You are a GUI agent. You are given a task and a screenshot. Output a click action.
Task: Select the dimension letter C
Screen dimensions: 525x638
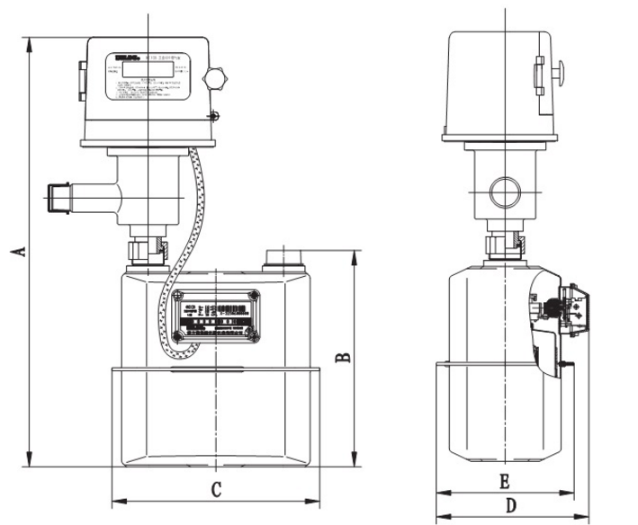coord(216,490)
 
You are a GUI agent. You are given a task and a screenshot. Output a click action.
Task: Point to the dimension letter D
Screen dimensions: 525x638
coord(510,506)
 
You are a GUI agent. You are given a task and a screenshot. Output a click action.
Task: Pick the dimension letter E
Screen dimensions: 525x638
coord(505,482)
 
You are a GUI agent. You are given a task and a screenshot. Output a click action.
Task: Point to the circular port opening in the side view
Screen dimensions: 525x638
coord(504,191)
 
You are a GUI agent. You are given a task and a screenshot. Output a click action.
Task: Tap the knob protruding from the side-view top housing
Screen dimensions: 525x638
coord(558,69)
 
